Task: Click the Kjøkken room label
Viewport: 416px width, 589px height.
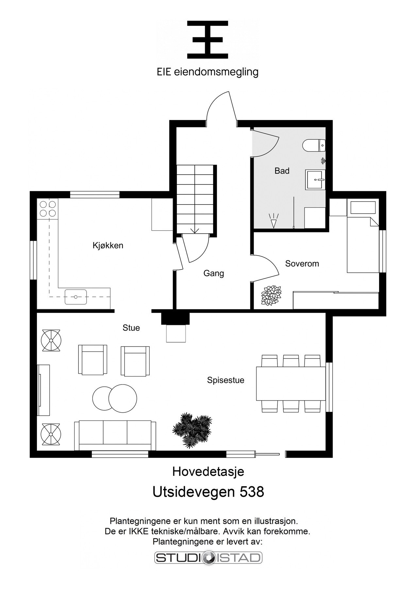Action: [108, 245]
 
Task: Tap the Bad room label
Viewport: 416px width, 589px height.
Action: [282, 171]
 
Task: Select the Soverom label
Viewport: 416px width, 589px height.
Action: [302, 264]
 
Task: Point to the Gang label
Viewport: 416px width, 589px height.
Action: [214, 273]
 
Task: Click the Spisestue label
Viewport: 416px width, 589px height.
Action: [226, 380]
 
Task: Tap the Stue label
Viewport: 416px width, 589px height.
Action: [131, 328]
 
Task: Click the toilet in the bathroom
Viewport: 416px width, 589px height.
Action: [314, 145]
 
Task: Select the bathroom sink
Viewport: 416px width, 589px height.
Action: [316, 180]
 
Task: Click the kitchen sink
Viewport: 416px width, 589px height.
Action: [75, 297]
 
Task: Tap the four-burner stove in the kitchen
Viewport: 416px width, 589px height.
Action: [47, 209]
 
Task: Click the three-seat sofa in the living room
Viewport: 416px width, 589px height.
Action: [115, 436]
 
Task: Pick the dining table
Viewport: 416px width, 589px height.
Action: [291, 384]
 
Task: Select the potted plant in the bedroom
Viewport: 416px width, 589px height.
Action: [271, 295]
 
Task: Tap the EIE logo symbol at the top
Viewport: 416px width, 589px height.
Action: [208, 40]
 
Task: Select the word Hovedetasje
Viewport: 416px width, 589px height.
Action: [208, 472]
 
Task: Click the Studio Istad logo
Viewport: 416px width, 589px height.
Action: [208, 558]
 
